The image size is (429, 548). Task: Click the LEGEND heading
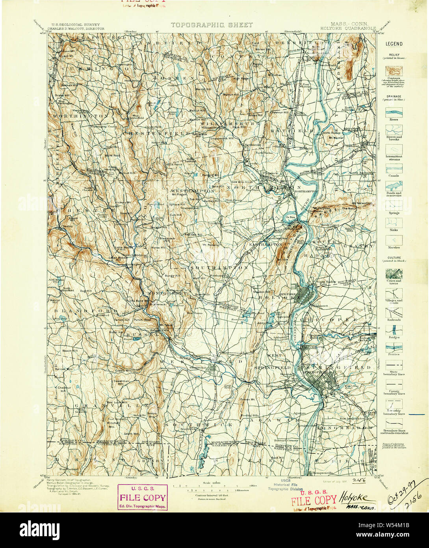394,44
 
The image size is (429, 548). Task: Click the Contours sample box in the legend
394,70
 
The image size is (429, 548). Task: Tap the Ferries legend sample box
394,347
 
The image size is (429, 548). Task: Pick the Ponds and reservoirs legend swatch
394,185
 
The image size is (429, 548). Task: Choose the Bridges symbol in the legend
394,329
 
